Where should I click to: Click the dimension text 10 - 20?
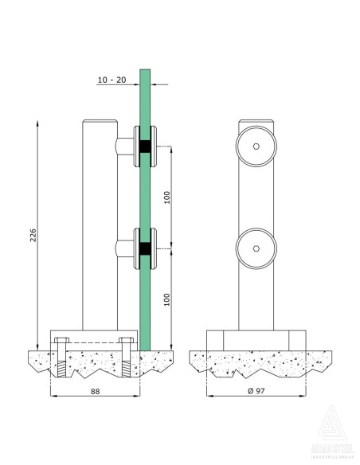[x=112, y=80]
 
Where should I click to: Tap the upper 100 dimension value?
[x=167, y=197]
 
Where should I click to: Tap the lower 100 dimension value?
[x=167, y=300]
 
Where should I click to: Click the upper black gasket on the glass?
[x=144, y=147]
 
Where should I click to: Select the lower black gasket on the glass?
[x=144, y=249]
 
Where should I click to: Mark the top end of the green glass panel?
[x=144, y=72]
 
